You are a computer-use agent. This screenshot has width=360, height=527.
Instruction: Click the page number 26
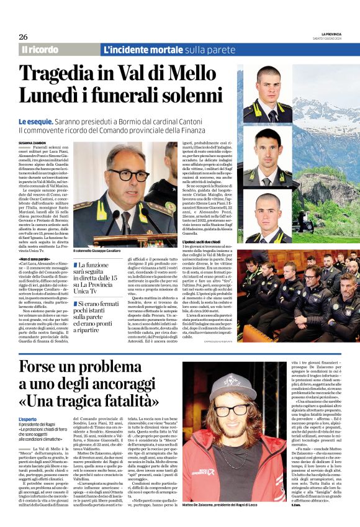tap(23, 37)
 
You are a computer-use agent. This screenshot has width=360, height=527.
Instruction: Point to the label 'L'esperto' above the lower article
tap(27, 402)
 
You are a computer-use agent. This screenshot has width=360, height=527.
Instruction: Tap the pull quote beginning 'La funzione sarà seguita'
tap(102, 274)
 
